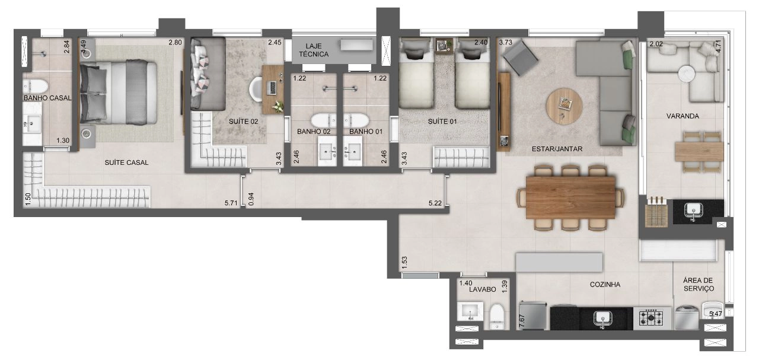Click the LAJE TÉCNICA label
tap(314, 50)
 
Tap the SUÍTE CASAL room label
tap(126, 163)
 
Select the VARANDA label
tap(683, 116)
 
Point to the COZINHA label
tap(605, 285)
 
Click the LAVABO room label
tap(483, 289)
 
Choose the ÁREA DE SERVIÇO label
tap(699, 285)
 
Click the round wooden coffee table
tap(564, 106)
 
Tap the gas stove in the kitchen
tap(651, 318)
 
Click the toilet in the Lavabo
tap(498, 317)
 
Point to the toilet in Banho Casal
tap(35, 86)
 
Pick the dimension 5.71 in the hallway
tap(231, 203)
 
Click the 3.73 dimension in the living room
tap(506, 42)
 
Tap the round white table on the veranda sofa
tap(687, 73)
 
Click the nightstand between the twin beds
tap(444, 46)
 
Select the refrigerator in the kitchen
tap(533, 316)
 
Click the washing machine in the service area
tap(687, 318)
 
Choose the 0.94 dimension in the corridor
tap(251, 199)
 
